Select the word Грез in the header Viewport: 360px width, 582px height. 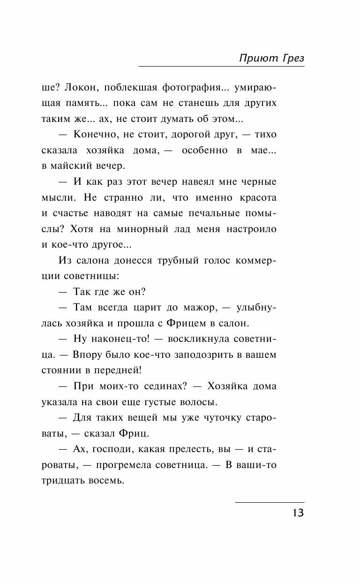pyautogui.click(x=292, y=58)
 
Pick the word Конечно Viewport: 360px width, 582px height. pyautogui.click(x=94, y=135)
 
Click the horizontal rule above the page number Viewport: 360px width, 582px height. pyautogui.click(x=270, y=503)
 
